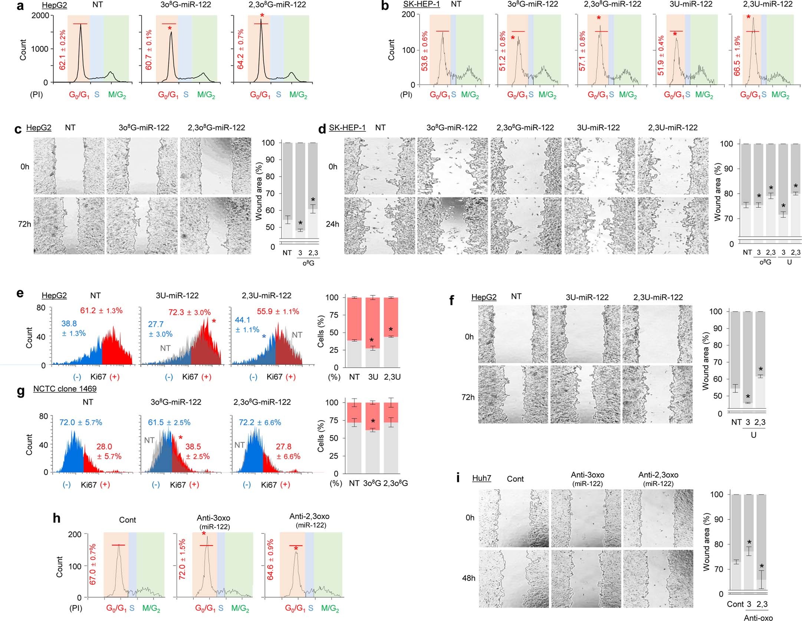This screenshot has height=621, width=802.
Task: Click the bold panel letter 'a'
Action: pos(20,6)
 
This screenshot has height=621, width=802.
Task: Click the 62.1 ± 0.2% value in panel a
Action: pos(63,50)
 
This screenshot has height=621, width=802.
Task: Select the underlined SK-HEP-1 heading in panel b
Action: pos(421,5)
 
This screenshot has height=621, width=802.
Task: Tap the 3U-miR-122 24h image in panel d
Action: pos(599,226)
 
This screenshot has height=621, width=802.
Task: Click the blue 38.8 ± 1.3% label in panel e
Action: pos(73,329)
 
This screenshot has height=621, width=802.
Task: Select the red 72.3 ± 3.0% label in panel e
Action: pos(189,312)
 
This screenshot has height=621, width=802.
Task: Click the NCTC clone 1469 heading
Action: pos(65,389)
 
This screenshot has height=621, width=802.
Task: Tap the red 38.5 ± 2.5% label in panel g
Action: pos(198,451)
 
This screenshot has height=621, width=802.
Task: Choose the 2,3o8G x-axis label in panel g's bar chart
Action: pos(395,483)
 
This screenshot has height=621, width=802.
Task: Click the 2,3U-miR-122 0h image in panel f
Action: pos(657,334)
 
